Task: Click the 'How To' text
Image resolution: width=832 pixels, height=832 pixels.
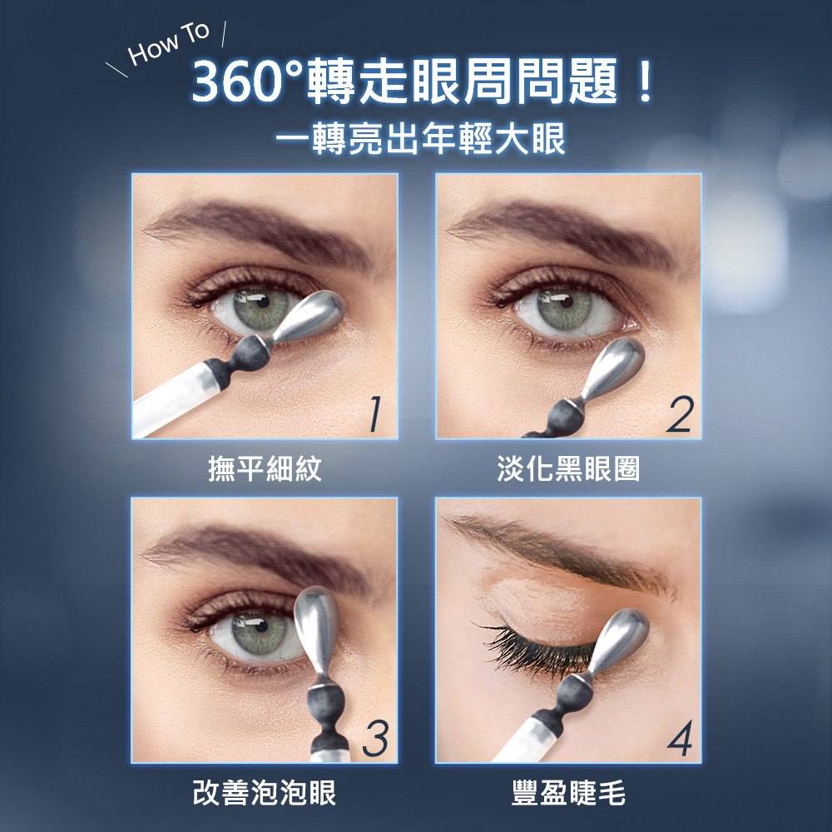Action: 169,45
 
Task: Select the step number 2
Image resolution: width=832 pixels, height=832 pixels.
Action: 680,414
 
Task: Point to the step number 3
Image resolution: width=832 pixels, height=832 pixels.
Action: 375,739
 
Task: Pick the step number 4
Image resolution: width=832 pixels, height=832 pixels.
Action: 681,739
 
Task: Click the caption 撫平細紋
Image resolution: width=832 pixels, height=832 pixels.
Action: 265,468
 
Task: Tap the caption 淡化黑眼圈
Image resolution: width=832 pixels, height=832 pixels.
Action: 568,468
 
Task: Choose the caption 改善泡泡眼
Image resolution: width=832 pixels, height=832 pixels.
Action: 265,793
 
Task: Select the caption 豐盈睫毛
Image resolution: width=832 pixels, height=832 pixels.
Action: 568,793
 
